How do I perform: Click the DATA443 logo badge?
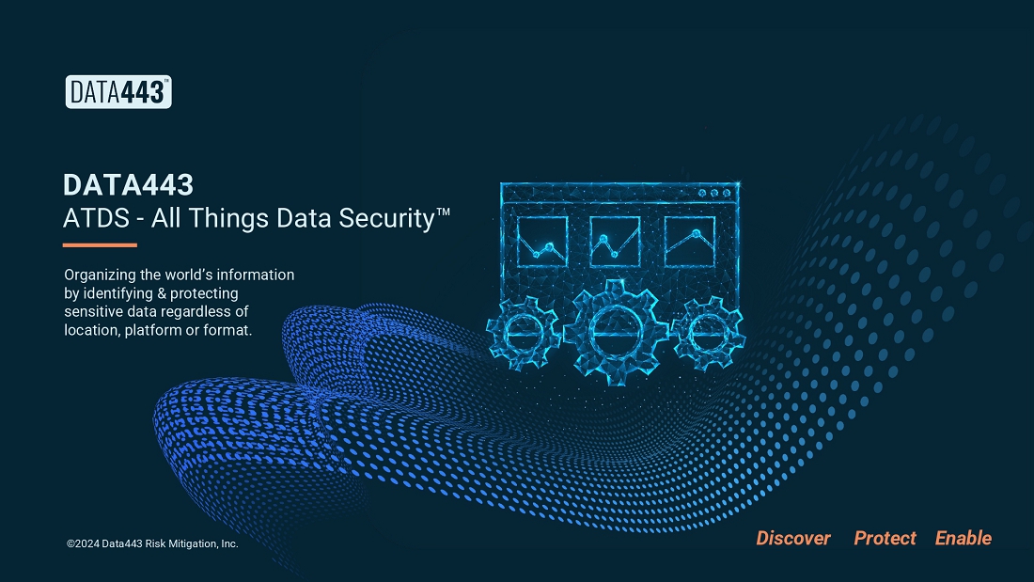coord(118,92)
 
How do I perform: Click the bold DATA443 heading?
coord(129,185)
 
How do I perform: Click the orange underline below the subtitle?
coord(100,245)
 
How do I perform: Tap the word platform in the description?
coord(153,330)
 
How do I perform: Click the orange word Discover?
coord(793,539)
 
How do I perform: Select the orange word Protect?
coord(885,539)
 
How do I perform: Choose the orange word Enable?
coord(963,539)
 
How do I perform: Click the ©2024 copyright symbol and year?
coord(83,543)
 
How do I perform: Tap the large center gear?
coord(617,332)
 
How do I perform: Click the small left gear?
coord(524,332)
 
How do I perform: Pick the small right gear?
coord(709,332)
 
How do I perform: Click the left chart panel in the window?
coord(542,242)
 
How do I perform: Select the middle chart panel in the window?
coord(616,242)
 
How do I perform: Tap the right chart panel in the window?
coord(690,242)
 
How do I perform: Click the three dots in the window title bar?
coord(714,194)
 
